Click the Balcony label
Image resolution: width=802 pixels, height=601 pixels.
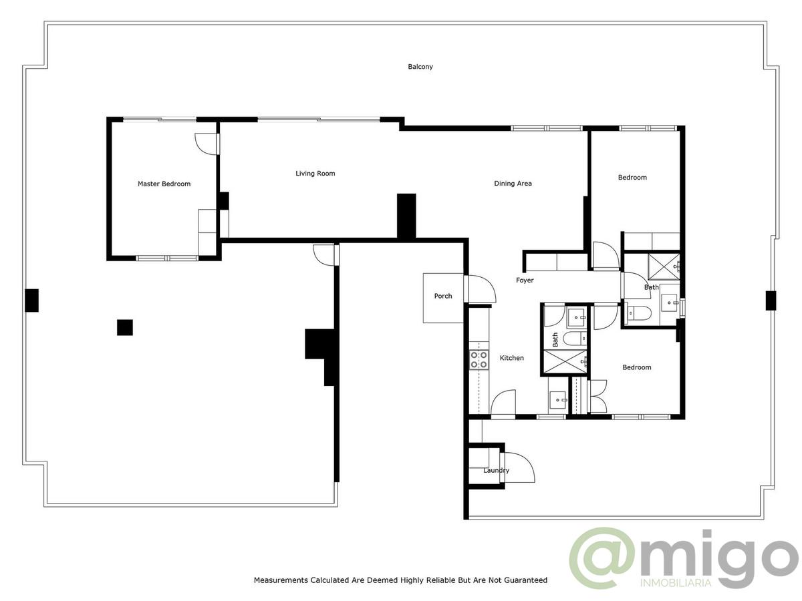pos(420,67)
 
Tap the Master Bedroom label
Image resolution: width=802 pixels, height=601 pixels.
pos(164,184)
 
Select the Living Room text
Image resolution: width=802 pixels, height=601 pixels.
pos(315,174)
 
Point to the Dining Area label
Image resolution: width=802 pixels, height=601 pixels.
pos(513,184)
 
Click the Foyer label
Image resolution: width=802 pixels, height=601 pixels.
pos(525,280)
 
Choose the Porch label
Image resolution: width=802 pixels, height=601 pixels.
pos(443,296)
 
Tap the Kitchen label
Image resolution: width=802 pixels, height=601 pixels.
pos(511,358)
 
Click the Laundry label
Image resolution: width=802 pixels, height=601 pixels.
pos(496,470)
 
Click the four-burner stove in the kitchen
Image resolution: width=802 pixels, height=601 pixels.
pos(479,359)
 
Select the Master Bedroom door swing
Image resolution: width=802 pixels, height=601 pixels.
pos(207,144)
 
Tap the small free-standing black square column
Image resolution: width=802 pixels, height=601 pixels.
pos(125,327)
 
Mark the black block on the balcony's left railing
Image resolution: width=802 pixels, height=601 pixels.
pos(32,300)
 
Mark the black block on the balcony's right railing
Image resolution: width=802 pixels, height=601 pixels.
pos(771,300)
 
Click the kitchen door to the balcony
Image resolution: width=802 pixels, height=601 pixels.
pos(503,403)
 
